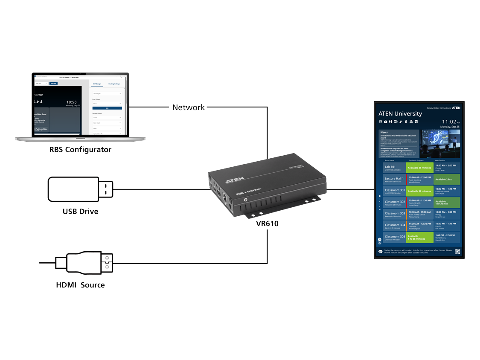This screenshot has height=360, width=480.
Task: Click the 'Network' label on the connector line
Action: click(x=188, y=107)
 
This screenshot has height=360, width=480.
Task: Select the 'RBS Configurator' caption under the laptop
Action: click(x=80, y=150)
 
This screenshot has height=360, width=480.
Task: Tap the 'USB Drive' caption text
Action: click(x=80, y=211)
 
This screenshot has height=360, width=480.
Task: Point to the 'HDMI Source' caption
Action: click(x=80, y=285)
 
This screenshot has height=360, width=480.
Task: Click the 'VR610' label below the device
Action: click(x=267, y=223)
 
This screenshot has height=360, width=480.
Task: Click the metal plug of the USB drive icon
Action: click(x=107, y=189)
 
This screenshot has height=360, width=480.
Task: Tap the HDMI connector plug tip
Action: click(x=107, y=263)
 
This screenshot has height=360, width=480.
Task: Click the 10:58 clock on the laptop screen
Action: click(x=72, y=102)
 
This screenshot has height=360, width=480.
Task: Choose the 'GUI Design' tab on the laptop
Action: click(x=97, y=84)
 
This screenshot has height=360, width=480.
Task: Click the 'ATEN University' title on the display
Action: click(x=400, y=114)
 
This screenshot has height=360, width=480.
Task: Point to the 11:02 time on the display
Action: click(x=449, y=122)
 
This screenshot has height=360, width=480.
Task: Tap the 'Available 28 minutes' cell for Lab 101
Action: click(x=419, y=168)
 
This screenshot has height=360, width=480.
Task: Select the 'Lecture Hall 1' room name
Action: click(x=394, y=179)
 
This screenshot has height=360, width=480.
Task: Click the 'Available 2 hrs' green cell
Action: click(x=446, y=180)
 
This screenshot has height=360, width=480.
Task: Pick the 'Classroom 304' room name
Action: click(x=395, y=225)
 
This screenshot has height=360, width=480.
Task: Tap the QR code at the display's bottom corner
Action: click(x=457, y=252)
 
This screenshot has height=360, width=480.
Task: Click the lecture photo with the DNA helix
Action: click(x=440, y=144)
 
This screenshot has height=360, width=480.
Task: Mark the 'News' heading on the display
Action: click(x=384, y=132)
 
